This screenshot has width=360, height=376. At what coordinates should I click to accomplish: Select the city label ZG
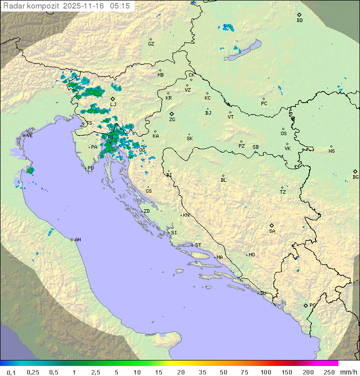click(x=172, y=120)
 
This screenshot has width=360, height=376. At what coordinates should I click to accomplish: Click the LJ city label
click(x=113, y=105)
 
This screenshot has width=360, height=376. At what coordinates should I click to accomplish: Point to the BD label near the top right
click(x=299, y=21)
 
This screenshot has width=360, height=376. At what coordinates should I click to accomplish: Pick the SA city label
click(x=272, y=231)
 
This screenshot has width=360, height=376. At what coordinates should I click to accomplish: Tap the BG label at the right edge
click(x=355, y=177)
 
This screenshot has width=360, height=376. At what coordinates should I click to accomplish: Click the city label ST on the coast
click(x=198, y=245)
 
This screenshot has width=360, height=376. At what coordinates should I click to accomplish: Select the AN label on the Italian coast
click(x=77, y=240)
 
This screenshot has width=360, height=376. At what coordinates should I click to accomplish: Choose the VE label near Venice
click(x=29, y=136)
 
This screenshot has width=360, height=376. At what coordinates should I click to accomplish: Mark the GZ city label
click(x=151, y=44)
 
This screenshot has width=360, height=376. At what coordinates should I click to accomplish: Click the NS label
click(x=331, y=151)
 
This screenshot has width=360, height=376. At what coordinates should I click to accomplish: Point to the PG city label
click(x=312, y=305)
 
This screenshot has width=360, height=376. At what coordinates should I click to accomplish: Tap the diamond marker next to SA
click(x=272, y=225)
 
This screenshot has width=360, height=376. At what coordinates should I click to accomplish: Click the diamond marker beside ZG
click(x=171, y=114)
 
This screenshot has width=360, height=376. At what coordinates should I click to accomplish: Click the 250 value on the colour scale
click(x=329, y=372)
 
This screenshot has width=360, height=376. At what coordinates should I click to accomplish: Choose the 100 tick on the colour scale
click(x=265, y=372)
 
